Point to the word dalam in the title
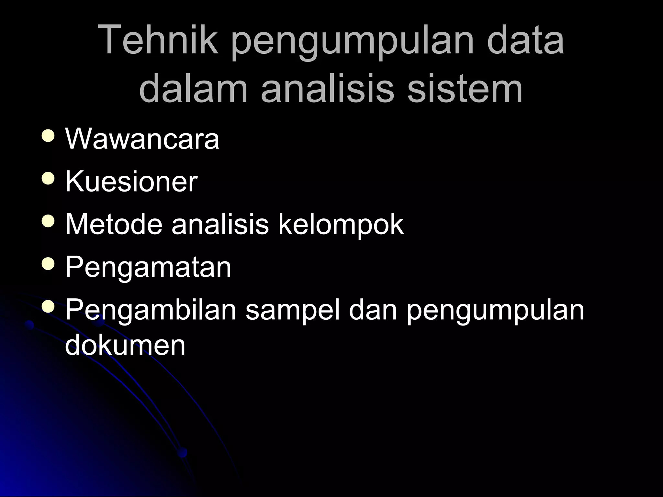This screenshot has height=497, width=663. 193,87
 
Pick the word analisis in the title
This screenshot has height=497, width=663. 327,87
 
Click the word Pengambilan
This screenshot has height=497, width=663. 151,311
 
